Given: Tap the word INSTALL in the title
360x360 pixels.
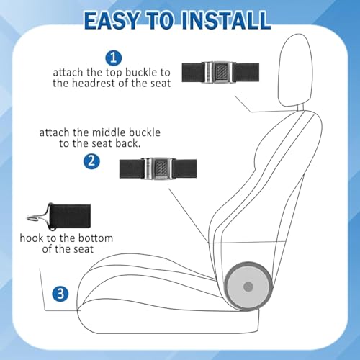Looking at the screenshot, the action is pyautogui.click(x=226, y=20).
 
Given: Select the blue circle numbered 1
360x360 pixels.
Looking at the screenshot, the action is pyautogui.click(x=114, y=58).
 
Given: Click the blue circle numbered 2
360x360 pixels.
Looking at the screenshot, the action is pyautogui.click(x=91, y=161).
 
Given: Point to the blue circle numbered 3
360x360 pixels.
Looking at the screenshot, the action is pyautogui.click(x=60, y=294).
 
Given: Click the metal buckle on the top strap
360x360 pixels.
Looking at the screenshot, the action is pyautogui.click(x=218, y=72).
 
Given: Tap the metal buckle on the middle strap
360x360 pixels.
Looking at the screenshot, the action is pyautogui.click(x=158, y=168).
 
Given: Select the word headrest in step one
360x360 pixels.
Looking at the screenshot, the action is pyautogui.click(x=94, y=84).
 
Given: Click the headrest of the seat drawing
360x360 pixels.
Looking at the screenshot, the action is pyautogui.click(x=294, y=70).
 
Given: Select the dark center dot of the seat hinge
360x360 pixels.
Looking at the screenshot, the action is pyautogui.click(x=248, y=287).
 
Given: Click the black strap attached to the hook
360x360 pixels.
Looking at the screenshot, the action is pyautogui.click(x=70, y=216).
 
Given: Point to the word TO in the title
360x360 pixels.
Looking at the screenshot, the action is pyautogui.click(x=161, y=20).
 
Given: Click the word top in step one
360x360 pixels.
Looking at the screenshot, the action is pyautogui.click(x=114, y=73).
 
